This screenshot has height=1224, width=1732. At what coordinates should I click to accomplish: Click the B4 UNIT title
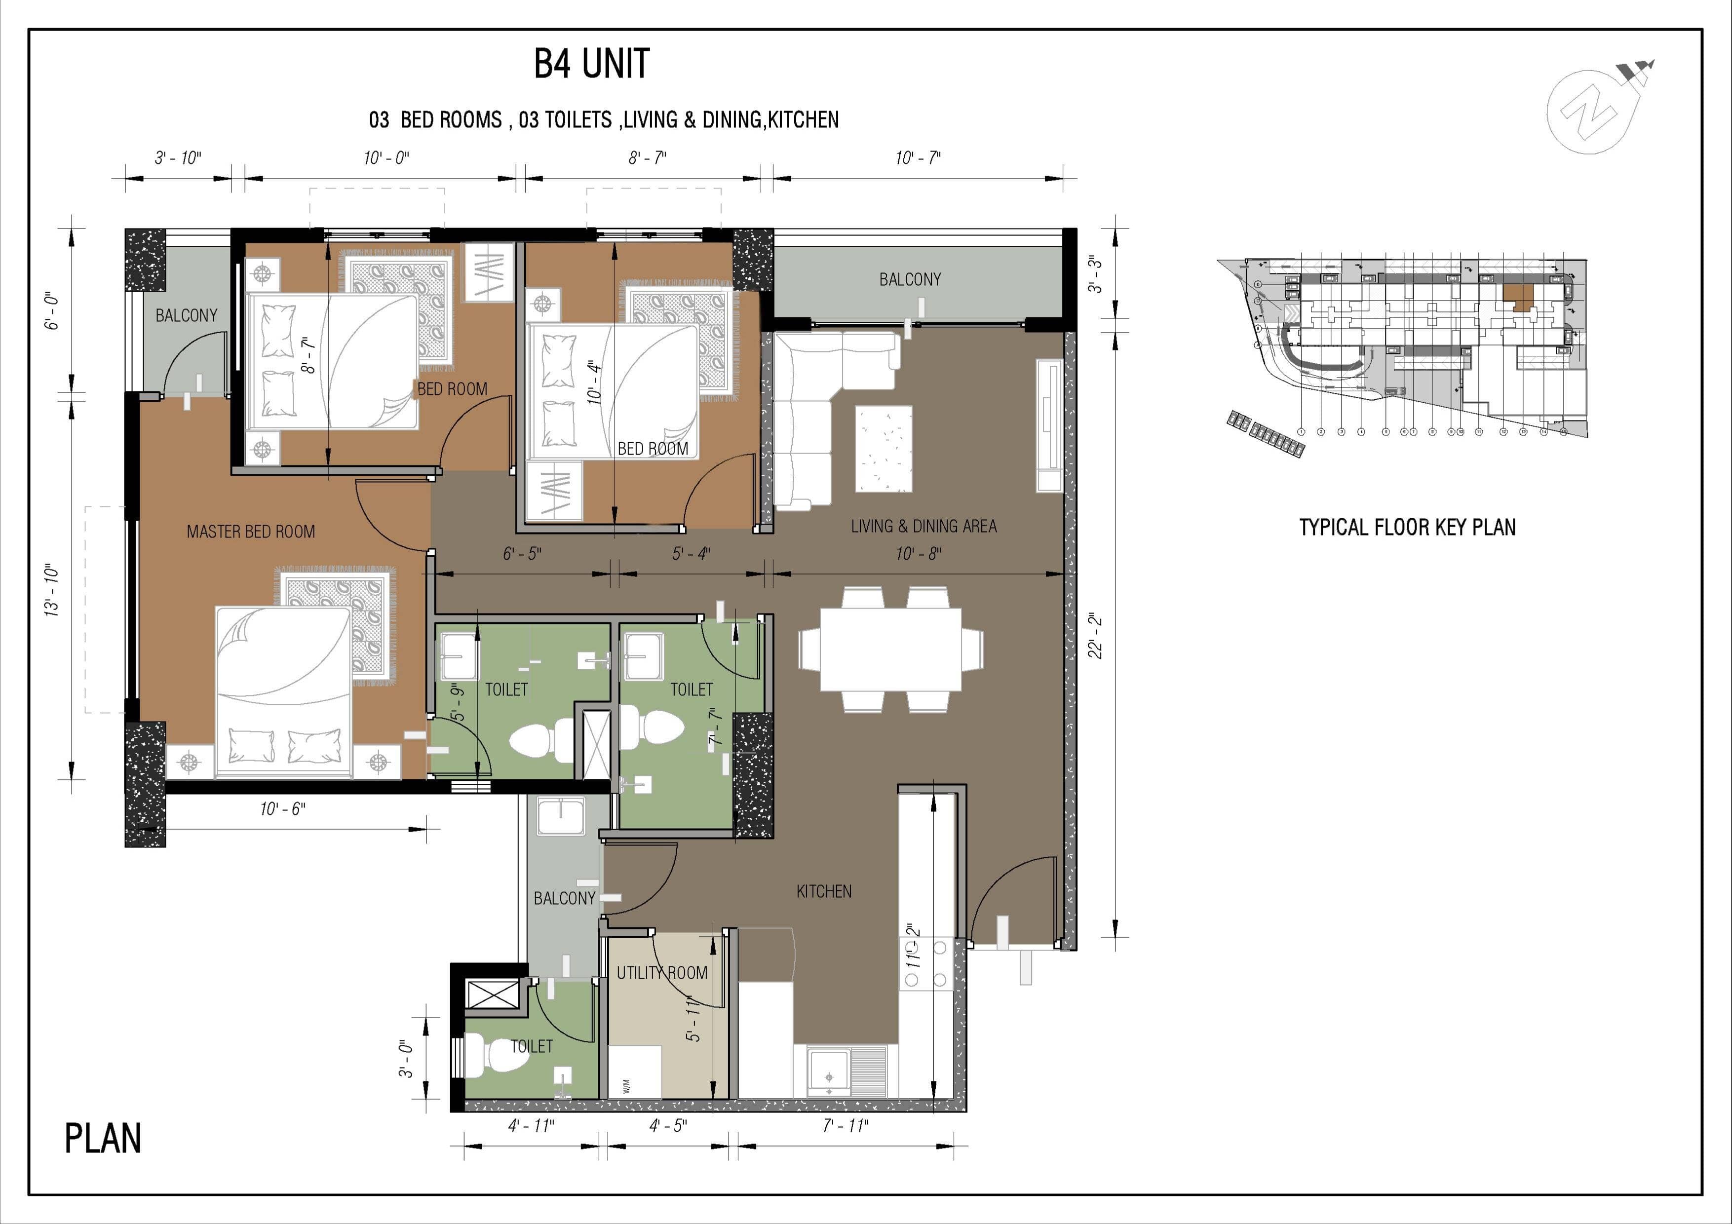tap(591, 64)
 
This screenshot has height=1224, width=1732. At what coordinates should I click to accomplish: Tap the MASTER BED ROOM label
tap(250, 532)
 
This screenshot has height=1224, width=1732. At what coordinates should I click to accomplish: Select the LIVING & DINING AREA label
tap(924, 527)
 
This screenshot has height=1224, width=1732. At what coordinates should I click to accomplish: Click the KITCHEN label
tap(824, 891)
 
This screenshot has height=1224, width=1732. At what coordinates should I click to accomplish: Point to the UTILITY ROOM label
tap(661, 973)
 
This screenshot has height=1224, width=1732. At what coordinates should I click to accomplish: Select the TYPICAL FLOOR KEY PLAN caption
tap(1407, 527)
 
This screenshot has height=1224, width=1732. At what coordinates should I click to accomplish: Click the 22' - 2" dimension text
tap(1095, 635)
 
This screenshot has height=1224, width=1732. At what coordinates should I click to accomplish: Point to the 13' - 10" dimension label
tap(52, 590)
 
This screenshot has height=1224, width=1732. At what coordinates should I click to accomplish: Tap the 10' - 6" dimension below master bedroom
tap(282, 809)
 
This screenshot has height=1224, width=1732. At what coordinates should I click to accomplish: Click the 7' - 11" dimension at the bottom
tap(845, 1126)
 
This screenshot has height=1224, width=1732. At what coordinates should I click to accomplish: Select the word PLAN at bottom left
tap(103, 1139)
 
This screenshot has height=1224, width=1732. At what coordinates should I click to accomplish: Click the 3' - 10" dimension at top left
tap(178, 157)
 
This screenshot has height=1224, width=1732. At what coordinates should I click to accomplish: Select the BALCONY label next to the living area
tap(910, 280)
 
